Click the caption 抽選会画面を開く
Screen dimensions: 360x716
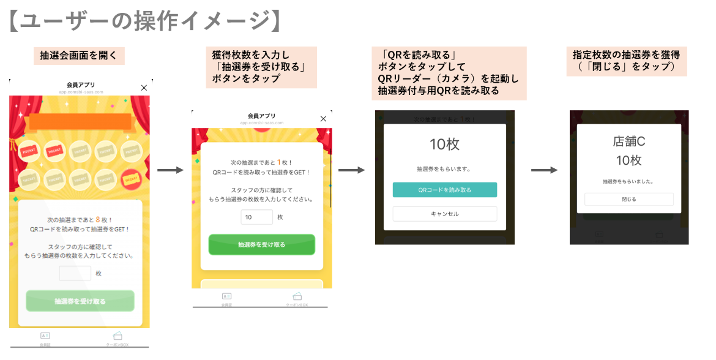[80, 56]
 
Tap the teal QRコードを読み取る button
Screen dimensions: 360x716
[444, 190]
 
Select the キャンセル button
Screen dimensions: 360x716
[444, 214]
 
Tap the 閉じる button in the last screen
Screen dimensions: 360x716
[628, 199]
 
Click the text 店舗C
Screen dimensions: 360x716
[628, 141]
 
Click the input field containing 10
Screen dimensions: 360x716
[256, 217]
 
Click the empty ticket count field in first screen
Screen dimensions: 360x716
[75, 274]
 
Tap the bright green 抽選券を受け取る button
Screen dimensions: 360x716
[261, 244]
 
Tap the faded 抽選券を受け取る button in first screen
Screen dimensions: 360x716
[80, 301]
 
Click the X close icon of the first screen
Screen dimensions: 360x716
[144, 88]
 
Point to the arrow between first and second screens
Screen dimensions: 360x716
[170, 170]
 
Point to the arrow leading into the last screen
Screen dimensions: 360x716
[543, 170]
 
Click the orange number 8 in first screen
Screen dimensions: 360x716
[98, 219]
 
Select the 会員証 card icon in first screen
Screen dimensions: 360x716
[45, 336]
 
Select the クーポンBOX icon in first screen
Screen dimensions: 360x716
[117, 336]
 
